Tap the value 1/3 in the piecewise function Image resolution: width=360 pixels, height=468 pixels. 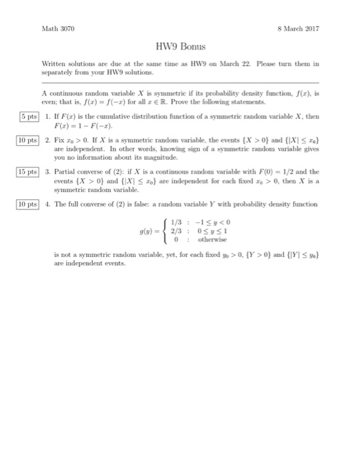click(175, 223)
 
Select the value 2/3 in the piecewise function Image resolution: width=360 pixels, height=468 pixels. click(175, 231)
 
